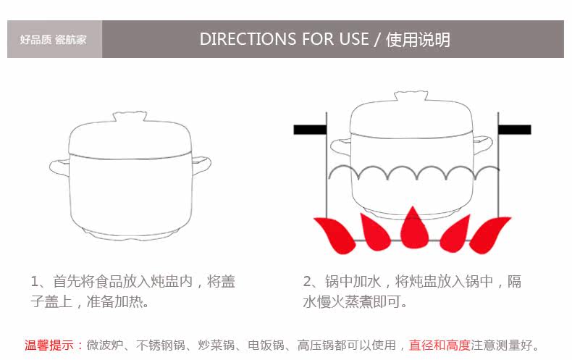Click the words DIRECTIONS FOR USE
pos(285,39)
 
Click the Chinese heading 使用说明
pos(418,39)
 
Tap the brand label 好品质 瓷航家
pos(53,39)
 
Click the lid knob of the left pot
pos(130,116)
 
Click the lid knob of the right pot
pos(411,97)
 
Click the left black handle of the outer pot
pos(310,130)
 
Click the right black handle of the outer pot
pos(515,130)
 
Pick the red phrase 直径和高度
pos(439,346)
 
